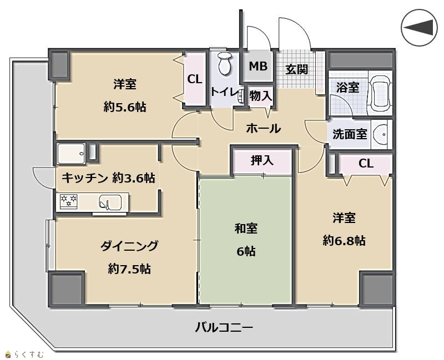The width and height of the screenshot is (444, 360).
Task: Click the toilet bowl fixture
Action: click(x=225, y=63)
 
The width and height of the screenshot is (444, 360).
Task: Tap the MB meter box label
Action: click(x=258, y=66)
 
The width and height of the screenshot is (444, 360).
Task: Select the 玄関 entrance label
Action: click(x=296, y=69)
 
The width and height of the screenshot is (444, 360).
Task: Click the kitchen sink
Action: click(x=110, y=202)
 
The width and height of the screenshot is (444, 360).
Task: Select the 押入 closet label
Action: click(x=262, y=160)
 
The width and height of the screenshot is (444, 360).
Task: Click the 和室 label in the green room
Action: click(x=246, y=229)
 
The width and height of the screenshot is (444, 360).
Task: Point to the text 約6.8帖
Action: click(x=344, y=241)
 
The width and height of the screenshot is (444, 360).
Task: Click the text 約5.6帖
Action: click(x=124, y=107)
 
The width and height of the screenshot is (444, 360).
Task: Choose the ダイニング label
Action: click(x=129, y=246)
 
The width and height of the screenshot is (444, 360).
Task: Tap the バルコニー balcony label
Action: click(x=224, y=328)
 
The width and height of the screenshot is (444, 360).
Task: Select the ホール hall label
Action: click(x=263, y=129)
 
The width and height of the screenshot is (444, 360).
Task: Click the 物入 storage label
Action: click(x=260, y=96)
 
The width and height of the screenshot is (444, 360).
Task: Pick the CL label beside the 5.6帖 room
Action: click(x=195, y=79)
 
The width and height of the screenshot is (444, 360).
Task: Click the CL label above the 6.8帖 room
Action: click(x=366, y=164)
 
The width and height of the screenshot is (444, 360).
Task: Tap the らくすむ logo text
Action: click(x=29, y=354)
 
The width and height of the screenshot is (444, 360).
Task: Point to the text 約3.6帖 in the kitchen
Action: click(x=134, y=178)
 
